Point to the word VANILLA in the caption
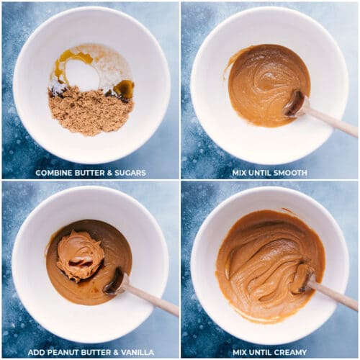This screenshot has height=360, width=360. point(138,352)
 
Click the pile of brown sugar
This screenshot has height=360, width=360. point(91,110)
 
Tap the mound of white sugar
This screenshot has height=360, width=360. point(83,74)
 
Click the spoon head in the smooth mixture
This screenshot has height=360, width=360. point(294,104)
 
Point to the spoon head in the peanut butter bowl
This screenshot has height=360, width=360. point(114,282)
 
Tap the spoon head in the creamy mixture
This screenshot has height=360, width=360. point(303,279)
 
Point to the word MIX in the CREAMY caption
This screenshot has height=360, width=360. point(240,352)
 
